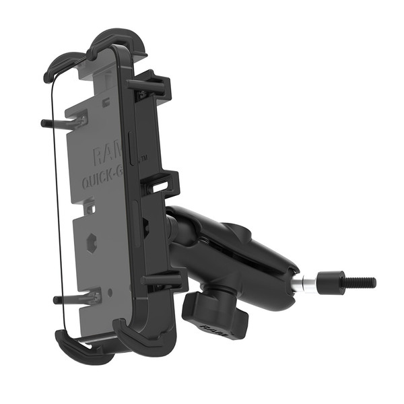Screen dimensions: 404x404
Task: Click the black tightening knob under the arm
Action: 205,311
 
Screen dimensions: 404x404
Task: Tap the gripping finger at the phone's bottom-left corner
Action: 74,347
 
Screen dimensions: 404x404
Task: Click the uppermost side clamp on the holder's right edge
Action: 152,86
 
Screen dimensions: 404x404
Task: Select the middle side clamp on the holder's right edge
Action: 163,182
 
